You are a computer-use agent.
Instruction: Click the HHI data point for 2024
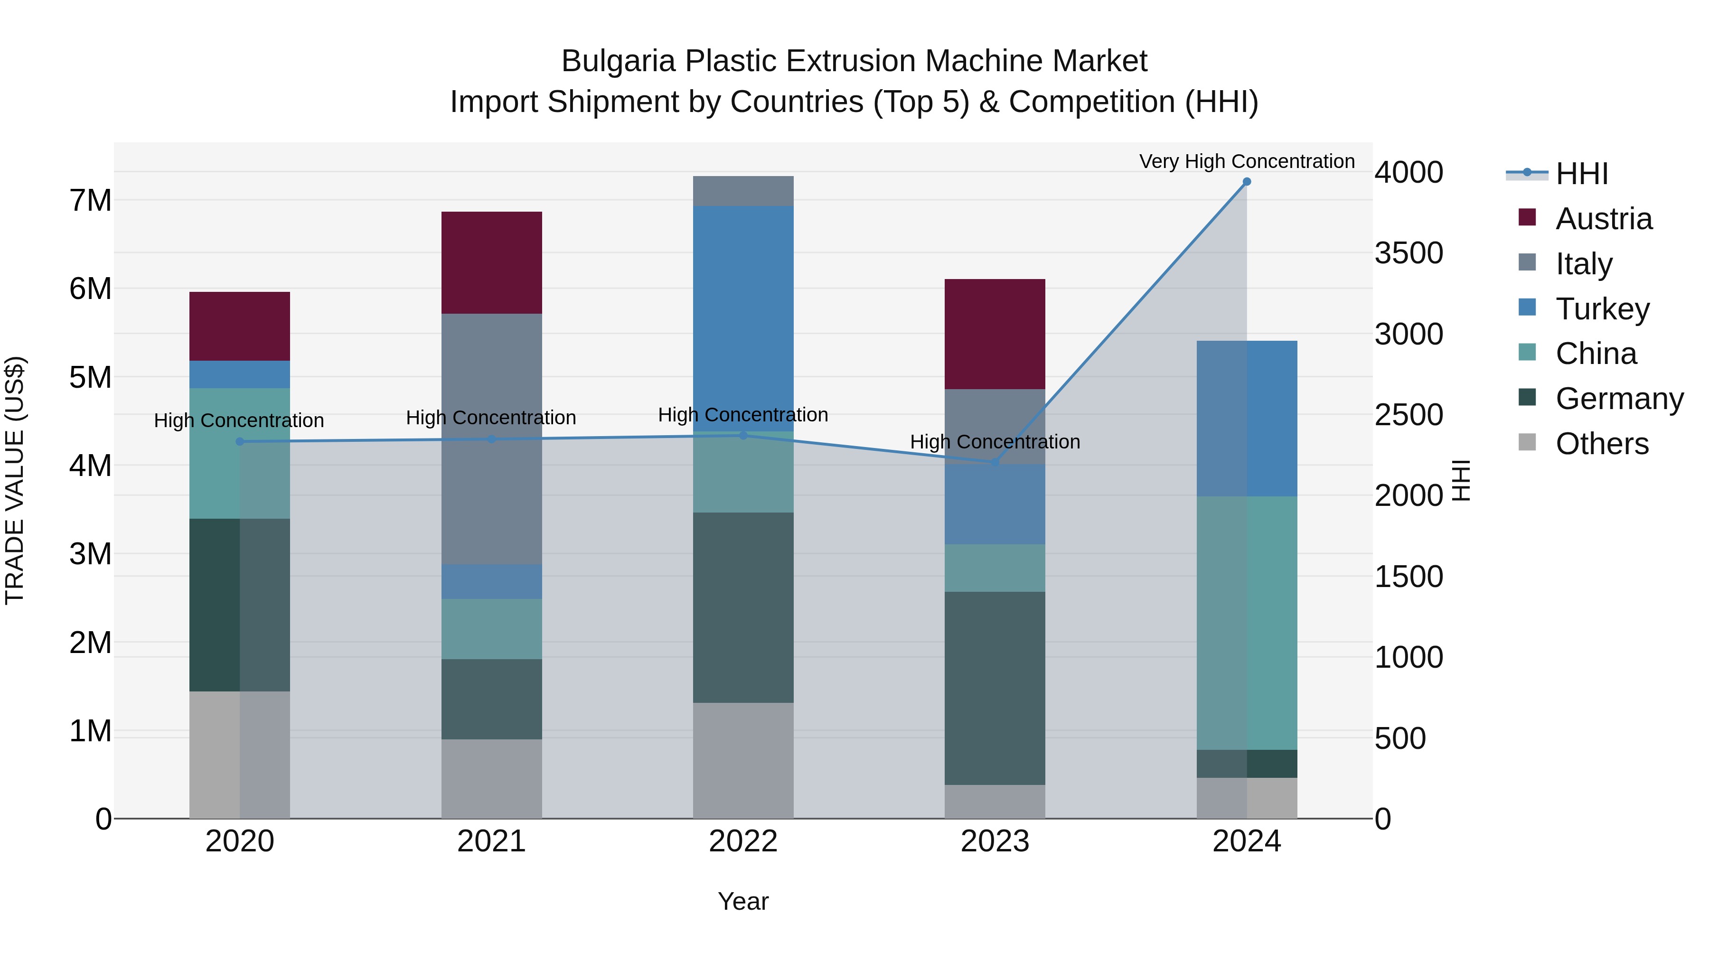pos(1247,182)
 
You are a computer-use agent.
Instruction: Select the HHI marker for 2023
pos(995,462)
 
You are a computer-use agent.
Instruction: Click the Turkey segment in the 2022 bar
pos(743,318)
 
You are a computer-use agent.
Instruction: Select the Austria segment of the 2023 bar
pos(995,334)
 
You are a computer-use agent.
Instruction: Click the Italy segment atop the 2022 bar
pos(743,191)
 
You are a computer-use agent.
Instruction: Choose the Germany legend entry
pos(1619,399)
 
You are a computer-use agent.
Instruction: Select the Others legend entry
pos(1602,444)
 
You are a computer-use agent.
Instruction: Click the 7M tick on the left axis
pos(91,200)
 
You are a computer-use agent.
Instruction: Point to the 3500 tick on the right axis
pos(1409,253)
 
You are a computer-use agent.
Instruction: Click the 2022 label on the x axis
pos(743,841)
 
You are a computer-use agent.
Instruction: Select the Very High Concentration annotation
pos(1247,161)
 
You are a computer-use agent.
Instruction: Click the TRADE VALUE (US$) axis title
pos(15,480)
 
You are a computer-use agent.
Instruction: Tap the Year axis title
pos(743,901)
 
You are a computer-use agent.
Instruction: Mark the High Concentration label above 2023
pos(995,442)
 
